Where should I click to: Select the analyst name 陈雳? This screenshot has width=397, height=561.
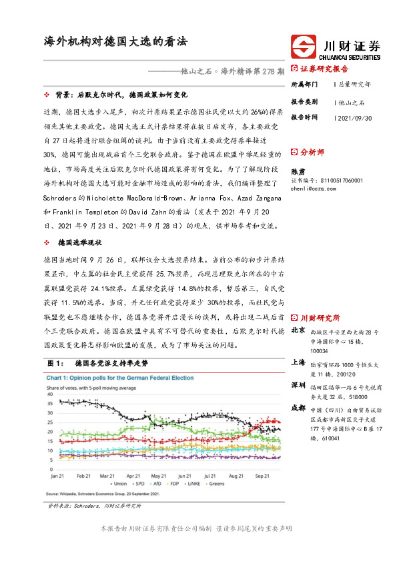298,171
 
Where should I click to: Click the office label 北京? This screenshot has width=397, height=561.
299,330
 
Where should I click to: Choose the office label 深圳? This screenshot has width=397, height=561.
299,385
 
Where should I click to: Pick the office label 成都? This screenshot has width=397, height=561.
299,408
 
